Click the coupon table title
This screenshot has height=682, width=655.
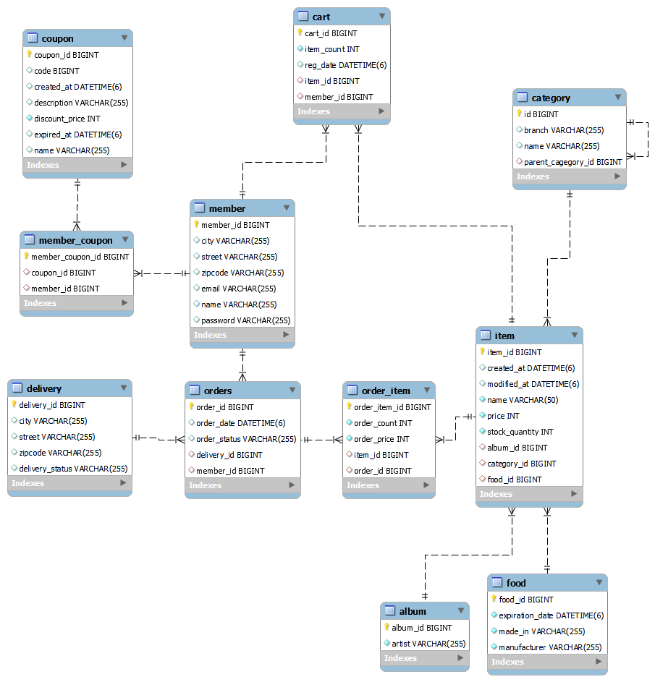[58, 38]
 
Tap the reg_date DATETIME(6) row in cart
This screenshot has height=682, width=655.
[345, 65]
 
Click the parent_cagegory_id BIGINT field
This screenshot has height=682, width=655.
[572, 162]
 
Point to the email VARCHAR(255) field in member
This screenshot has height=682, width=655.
[238, 289]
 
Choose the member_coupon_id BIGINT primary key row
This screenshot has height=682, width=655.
[80, 257]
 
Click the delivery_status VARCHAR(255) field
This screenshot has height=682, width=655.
[73, 469]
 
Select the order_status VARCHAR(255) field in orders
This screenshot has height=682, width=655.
[246, 439]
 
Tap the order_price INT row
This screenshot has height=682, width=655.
[381, 439]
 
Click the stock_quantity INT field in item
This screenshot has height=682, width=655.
[520, 432]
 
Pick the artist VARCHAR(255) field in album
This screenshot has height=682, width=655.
[428, 644]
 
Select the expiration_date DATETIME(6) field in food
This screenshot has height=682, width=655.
[551, 615]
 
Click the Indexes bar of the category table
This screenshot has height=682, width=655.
[569, 176]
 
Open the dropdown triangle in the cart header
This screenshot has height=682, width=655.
[381, 16]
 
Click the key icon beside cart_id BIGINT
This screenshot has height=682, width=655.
[300, 33]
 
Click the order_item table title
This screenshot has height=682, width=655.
[386, 391]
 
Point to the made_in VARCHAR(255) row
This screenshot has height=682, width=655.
[541, 631]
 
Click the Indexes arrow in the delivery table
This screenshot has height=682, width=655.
[124, 483]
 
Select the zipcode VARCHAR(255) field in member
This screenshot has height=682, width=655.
[242, 273]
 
